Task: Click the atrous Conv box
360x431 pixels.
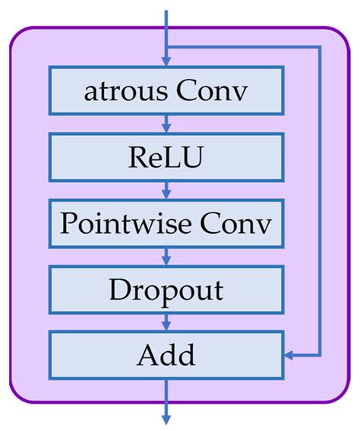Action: [x=166, y=91]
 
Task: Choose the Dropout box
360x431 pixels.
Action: [x=166, y=289]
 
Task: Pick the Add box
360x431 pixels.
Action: [x=166, y=354]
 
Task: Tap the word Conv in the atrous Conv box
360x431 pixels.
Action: [x=212, y=92]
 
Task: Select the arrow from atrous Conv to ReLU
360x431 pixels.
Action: [x=166, y=124]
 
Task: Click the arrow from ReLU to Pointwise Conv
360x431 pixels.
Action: [x=166, y=190]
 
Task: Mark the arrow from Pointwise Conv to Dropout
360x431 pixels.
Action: [x=166, y=256]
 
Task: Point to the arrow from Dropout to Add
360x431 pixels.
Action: [x=166, y=322]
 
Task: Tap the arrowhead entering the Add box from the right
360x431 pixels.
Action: [x=289, y=354]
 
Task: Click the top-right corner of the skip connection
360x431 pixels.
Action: [x=320, y=47]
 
